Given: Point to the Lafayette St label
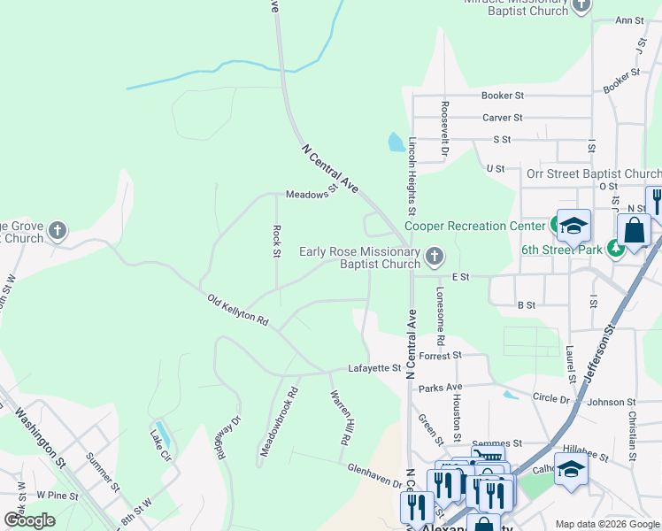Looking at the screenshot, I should [x=374, y=367].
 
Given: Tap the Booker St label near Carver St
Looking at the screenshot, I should [x=503, y=96].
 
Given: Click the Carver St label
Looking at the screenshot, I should [x=503, y=117].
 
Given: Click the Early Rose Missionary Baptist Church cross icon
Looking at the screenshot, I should [x=434, y=258].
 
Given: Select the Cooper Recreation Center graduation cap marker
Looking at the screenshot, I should [x=573, y=227].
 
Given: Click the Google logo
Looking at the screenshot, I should [x=29, y=520].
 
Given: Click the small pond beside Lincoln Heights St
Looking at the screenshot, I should [x=396, y=142].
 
